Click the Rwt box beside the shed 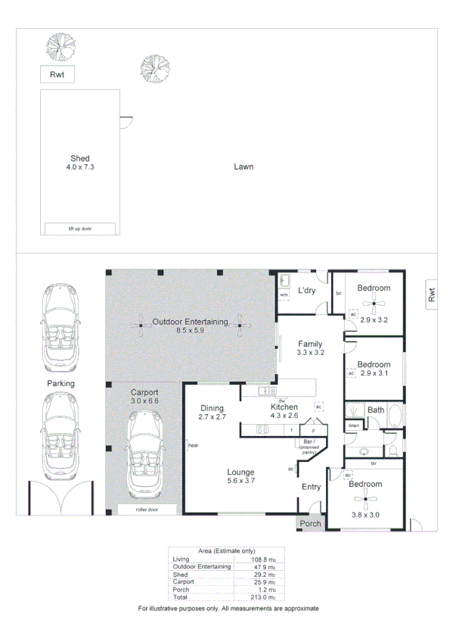click(x=57, y=74)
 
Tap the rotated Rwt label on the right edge click(x=431, y=295)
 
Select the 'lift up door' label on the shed click(x=79, y=228)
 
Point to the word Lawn click(x=243, y=167)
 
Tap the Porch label click(x=311, y=523)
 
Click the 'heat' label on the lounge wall click(x=192, y=445)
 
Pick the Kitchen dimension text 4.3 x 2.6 click(x=284, y=416)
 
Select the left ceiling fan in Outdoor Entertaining click(x=141, y=326)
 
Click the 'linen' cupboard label click(x=353, y=425)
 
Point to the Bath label click(x=376, y=410)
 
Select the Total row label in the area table click(x=182, y=597)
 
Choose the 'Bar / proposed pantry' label click(x=308, y=444)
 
